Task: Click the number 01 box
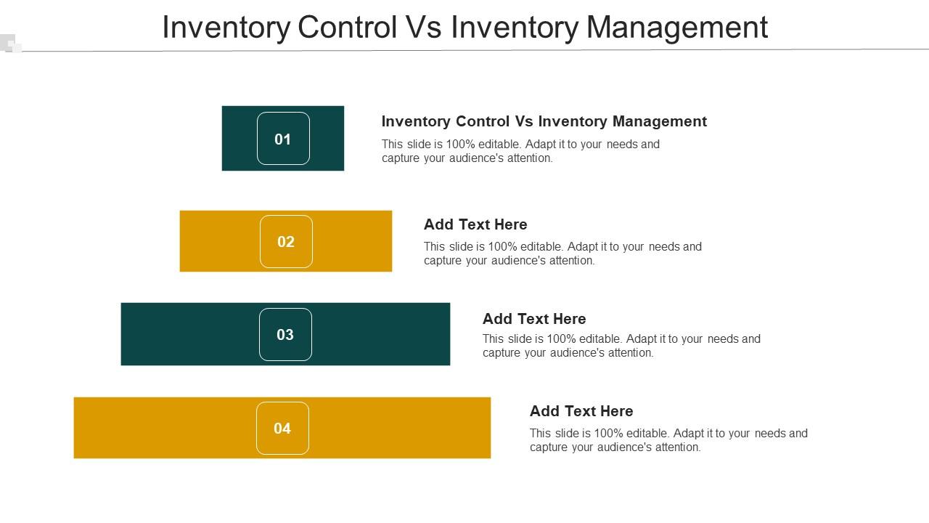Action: [283, 139]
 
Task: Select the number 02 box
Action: [286, 242]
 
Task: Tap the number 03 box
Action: [285, 335]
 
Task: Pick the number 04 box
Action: [282, 429]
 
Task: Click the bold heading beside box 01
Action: [544, 121]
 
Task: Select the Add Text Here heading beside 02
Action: [475, 224]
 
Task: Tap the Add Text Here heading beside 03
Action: [534, 319]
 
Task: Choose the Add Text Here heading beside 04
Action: [581, 411]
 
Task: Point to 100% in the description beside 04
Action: [608, 433]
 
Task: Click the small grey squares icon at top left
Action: [11, 44]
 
